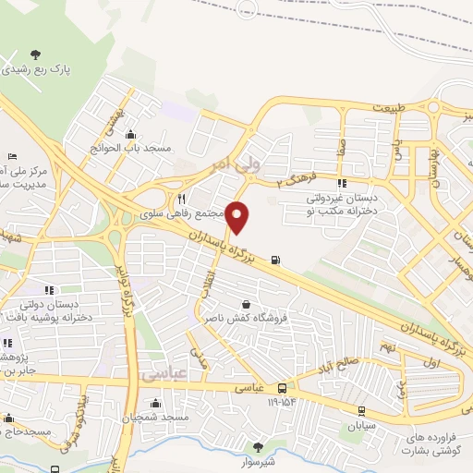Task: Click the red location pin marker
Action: (x=238, y=218)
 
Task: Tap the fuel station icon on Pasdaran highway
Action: (x=276, y=260)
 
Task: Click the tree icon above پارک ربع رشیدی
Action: (x=36, y=54)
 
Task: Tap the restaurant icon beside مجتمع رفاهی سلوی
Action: (x=182, y=198)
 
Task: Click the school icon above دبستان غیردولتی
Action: (x=342, y=184)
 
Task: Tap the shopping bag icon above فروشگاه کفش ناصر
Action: (x=246, y=303)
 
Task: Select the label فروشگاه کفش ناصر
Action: (x=246, y=319)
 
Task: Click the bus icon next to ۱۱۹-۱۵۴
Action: (x=282, y=389)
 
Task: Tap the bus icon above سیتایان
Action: (x=360, y=411)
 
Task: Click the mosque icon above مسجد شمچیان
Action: (x=155, y=403)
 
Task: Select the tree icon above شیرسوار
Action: (x=258, y=447)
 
